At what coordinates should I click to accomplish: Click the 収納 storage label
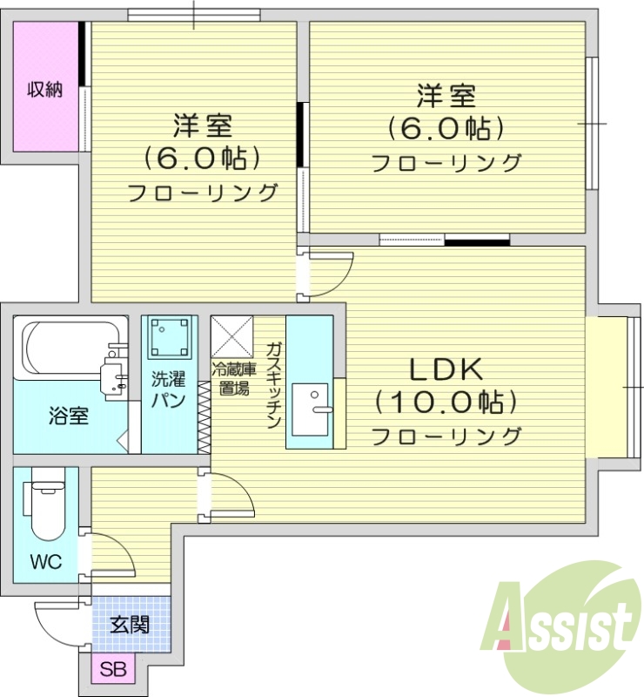[x=44, y=89]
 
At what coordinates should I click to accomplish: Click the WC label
[x=47, y=562]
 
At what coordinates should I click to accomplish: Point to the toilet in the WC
[x=44, y=506]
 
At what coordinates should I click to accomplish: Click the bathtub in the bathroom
[x=66, y=348]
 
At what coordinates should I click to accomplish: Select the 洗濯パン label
[x=167, y=389]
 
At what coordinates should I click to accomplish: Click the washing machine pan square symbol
[x=169, y=337]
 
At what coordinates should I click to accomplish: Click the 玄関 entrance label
[x=129, y=624]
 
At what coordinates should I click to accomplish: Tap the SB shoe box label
[x=112, y=670]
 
